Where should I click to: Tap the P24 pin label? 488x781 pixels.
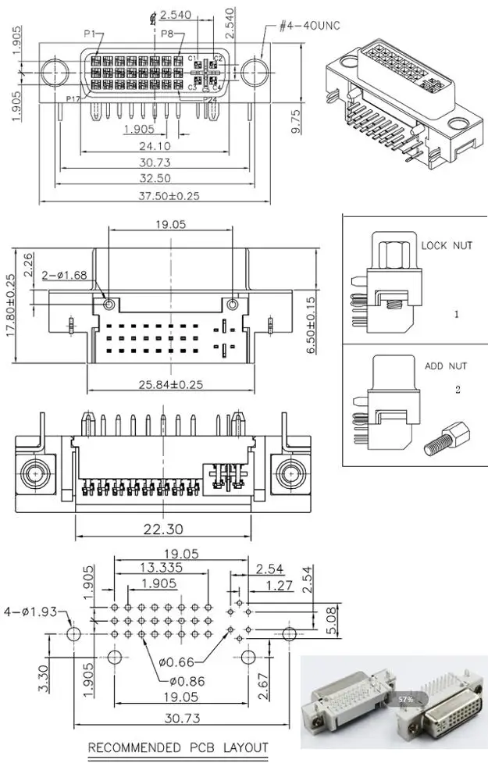tap(209, 99)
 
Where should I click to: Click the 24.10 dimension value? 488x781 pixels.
tap(155, 145)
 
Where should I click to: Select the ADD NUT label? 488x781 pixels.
tap(445, 365)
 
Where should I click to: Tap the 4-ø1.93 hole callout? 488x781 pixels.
tap(30, 612)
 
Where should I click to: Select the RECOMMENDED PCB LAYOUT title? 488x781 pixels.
tap(177, 748)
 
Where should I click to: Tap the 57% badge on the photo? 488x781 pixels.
tap(404, 699)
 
